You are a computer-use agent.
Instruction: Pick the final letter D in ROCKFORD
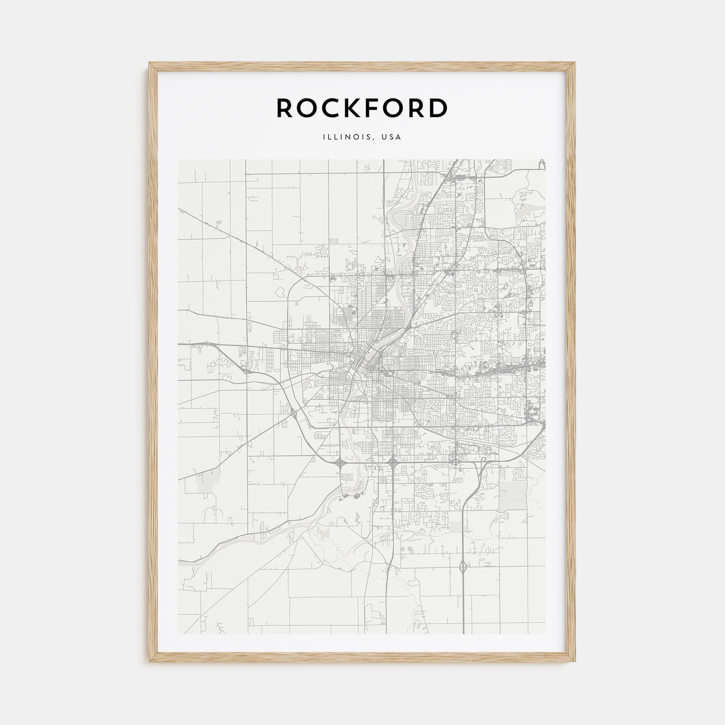pos(438,108)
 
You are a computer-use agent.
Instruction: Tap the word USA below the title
pos(392,137)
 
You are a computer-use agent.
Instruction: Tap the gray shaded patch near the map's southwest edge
pos(207,482)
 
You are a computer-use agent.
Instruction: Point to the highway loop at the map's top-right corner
pos(542,164)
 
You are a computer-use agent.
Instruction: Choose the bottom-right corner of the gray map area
pos(546,634)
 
